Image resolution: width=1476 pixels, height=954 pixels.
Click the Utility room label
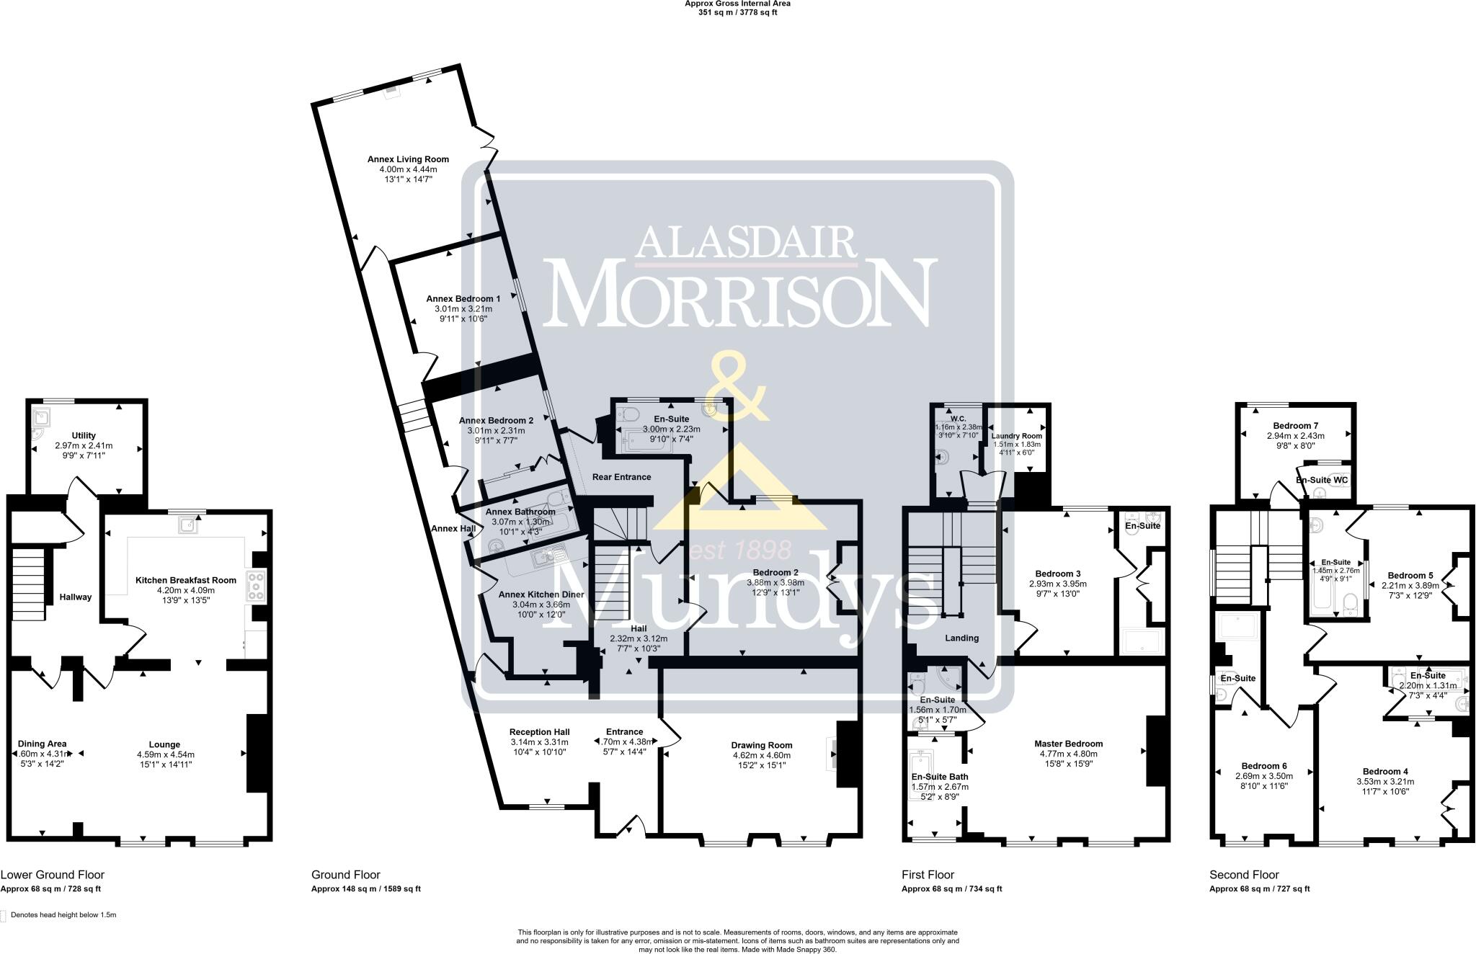[84, 435]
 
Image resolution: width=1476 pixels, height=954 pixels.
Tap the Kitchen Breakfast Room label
[186, 580]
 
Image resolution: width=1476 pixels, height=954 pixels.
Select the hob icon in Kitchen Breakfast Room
[256, 586]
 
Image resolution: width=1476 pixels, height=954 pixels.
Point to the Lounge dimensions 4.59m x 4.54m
[165, 754]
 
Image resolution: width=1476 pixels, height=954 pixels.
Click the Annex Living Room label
[408, 159]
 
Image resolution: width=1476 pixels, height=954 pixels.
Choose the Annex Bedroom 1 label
[463, 298]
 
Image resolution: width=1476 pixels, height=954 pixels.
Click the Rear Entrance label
[621, 477]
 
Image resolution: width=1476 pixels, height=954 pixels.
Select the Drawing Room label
[761, 745]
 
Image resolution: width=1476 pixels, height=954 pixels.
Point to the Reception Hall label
[539, 732]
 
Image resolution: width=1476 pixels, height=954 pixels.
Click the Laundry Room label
[1016, 436]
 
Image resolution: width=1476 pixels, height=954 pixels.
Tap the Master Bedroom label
[1068, 744]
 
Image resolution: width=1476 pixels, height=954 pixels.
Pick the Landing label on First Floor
[961, 638]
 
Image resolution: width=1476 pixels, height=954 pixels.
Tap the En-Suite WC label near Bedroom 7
[1321, 480]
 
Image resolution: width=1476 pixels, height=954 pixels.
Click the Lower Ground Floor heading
[53, 875]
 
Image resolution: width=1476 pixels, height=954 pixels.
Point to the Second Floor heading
[1243, 875]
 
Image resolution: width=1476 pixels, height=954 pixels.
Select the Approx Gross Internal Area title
[737, 4]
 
